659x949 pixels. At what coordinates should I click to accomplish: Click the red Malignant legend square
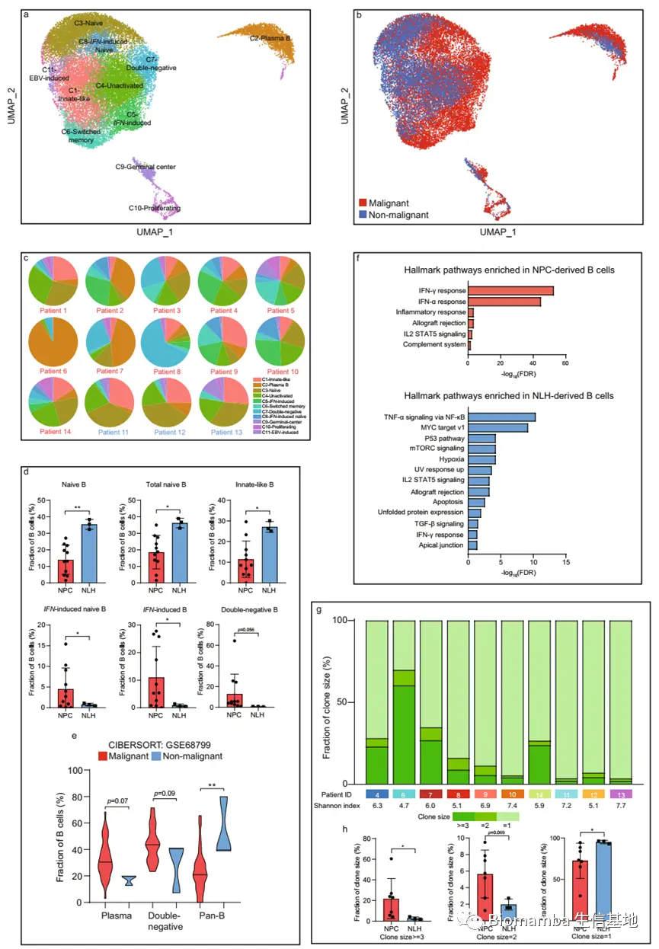point(363,203)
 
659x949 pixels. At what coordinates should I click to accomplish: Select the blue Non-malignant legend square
point(363,215)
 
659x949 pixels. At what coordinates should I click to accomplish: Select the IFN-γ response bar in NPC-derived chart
point(510,290)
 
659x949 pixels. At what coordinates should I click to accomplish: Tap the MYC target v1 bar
point(497,427)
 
